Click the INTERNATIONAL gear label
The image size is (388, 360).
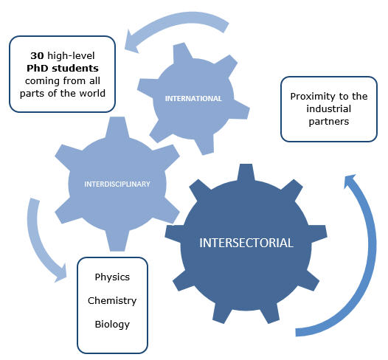pos(193,98)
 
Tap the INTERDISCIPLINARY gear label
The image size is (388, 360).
pos(117,184)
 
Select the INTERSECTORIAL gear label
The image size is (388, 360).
pos(246,243)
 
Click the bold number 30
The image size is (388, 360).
pos(37,55)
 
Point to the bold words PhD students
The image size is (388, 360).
pos(63,69)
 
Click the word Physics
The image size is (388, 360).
pos(112,277)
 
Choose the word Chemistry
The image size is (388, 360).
pos(112,301)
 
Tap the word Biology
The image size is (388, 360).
pos(112,324)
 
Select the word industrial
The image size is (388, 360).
pos(328,109)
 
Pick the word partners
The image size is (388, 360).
pos(328,122)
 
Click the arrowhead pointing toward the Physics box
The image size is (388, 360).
pos(60,274)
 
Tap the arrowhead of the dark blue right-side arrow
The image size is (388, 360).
pos(349,180)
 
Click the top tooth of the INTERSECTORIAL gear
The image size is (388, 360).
pos(246,172)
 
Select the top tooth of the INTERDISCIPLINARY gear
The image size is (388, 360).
pos(117,127)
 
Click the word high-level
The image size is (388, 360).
pos(71,56)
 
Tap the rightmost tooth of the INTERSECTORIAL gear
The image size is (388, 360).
pos(319,235)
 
